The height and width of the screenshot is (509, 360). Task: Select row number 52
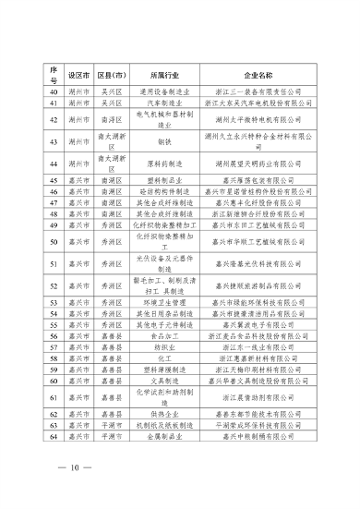coord(53,286)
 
